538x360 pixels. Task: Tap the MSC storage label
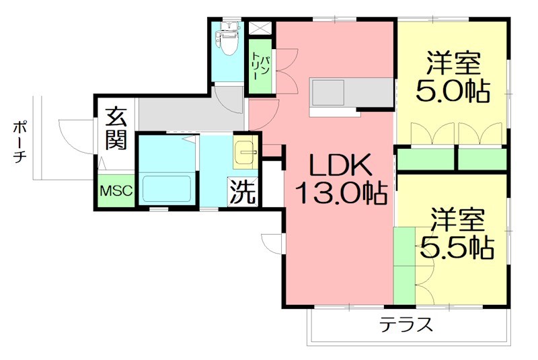pos(117,191)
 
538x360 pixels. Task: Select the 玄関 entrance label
pos(116,129)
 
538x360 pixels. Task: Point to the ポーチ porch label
pos(20,143)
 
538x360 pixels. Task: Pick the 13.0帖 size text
pos(340,194)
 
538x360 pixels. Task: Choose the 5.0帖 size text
pos(452,90)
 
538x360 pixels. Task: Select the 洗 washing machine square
pos(243,192)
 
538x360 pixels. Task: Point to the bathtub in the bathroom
pos(167,188)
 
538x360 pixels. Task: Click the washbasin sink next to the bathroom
pos(245,154)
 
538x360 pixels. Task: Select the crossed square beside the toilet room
pos(259,29)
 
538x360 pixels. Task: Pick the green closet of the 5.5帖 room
pos(405,266)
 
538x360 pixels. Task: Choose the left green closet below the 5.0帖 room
pos(426,159)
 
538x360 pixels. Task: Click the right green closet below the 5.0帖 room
pos(482,159)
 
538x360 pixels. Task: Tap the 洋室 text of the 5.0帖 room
pos(452,65)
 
